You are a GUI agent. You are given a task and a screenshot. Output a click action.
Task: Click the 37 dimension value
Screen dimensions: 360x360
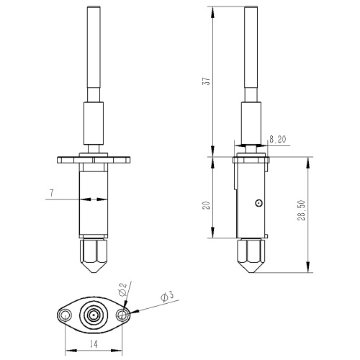coord(207,80)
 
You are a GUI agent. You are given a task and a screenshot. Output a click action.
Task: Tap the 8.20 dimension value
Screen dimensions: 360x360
coord(278,140)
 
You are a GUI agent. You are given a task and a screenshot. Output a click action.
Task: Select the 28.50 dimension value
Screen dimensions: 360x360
coord(302,210)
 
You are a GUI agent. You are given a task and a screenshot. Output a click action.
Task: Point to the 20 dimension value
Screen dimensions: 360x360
coord(207,205)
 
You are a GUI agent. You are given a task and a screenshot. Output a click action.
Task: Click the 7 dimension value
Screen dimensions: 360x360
coord(52,193)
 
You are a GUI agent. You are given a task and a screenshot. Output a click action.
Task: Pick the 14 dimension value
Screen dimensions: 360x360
coord(94,344)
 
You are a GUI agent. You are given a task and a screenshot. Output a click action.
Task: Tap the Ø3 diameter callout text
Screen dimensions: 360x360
coord(167,297)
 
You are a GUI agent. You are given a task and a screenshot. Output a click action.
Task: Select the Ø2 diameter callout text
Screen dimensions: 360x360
coord(122,289)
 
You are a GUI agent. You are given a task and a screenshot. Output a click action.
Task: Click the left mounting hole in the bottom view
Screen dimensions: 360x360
coord(66,315)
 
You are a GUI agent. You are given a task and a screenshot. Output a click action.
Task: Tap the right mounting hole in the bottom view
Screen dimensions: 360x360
coord(122,315)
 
